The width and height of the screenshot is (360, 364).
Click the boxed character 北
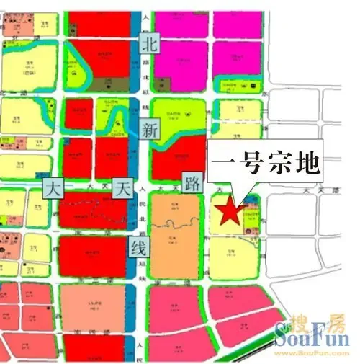click(x=150, y=43)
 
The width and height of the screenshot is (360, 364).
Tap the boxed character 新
click(x=150, y=130)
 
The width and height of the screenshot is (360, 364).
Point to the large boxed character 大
click(x=54, y=190)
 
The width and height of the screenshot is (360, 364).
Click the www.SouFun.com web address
click(x=318, y=353)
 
